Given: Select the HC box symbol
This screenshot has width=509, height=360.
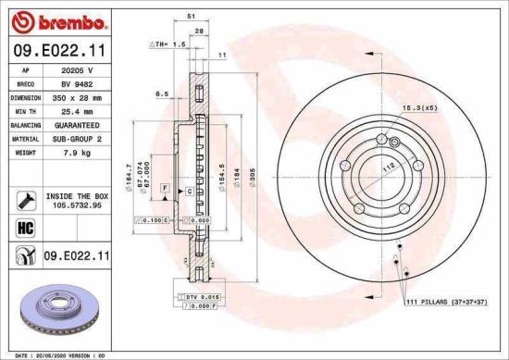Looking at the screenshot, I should [x=25, y=226].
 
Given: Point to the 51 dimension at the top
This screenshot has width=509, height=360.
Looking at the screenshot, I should [x=190, y=16].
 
